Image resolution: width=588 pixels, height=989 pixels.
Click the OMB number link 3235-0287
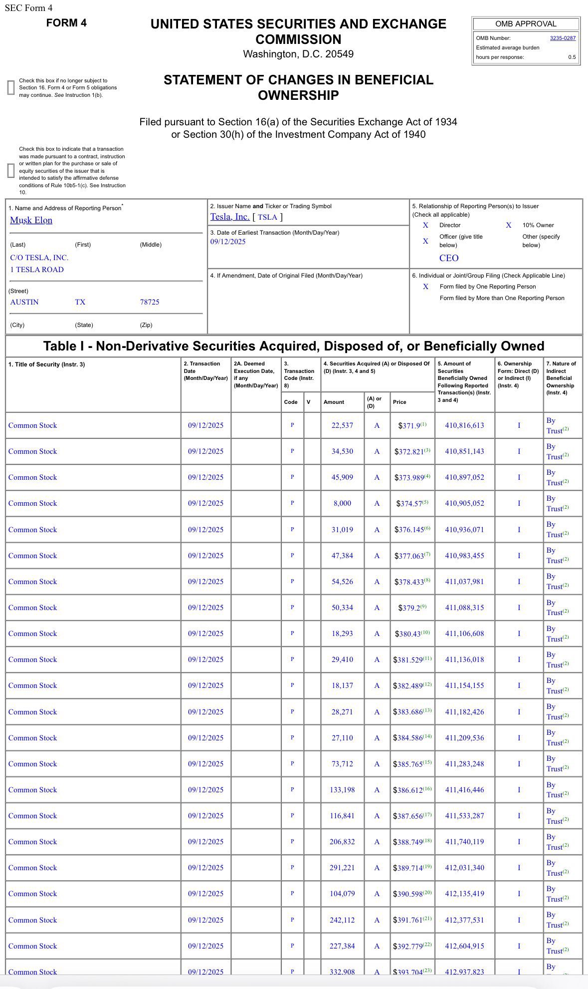click(x=563, y=38)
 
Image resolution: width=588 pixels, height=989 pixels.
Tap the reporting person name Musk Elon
click(x=31, y=220)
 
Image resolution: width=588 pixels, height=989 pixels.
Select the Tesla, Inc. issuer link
click(x=229, y=217)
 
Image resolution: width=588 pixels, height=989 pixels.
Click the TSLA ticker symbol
click(x=267, y=217)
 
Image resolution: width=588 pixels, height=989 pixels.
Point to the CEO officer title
click(x=449, y=258)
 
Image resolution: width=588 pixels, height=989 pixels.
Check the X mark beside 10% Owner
click(x=509, y=225)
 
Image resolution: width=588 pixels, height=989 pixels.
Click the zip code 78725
click(x=150, y=302)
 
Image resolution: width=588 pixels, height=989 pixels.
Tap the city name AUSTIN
click(x=24, y=302)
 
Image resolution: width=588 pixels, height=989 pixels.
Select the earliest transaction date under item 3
click(x=228, y=242)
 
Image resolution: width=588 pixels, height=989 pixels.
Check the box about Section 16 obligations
click(x=10, y=87)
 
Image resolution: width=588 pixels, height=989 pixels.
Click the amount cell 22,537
click(x=342, y=425)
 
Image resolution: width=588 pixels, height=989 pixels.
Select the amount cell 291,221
click(x=342, y=868)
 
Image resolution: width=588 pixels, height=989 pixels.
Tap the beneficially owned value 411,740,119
click(x=464, y=842)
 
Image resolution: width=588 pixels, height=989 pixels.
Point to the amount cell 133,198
click(x=342, y=790)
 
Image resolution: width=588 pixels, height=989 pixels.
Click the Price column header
click(x=399, y=402)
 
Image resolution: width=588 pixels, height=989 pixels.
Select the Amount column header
click(x=334, y=402)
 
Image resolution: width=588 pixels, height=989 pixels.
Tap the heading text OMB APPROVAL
click(x=526, y=24)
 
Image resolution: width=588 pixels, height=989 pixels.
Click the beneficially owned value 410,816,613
click(x=464, y=425)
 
